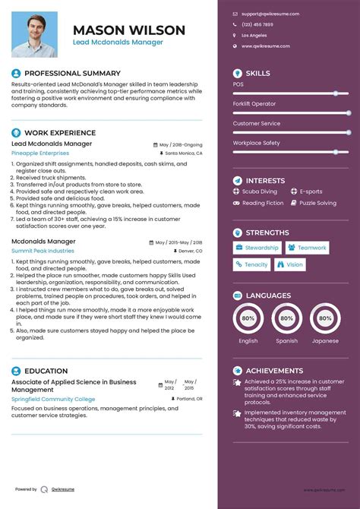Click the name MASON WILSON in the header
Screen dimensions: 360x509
[129, 30]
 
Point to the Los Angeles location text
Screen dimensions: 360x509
[254, 35]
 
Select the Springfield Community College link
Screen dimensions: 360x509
[53, 399]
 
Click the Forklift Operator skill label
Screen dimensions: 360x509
[254, 104]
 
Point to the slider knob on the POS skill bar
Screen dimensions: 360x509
[336, 93]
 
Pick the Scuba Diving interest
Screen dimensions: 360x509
[259, 192]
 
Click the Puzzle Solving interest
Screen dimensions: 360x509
[317, 203]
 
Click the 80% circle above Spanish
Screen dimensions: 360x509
[286, 319]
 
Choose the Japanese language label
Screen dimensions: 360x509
[324, 341]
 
